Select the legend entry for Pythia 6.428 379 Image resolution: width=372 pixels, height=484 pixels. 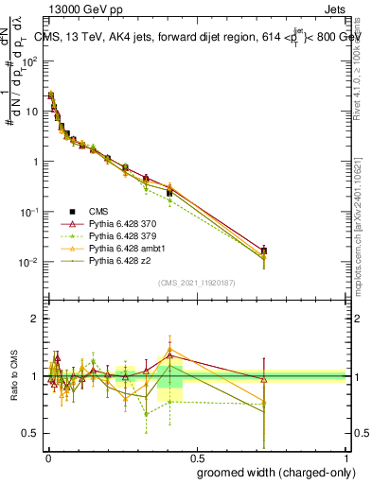click(x=117, y=235)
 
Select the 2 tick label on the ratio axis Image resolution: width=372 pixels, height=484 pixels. click(x=35, y=319)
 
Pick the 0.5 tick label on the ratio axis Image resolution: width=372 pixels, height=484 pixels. click(x=30, y=434)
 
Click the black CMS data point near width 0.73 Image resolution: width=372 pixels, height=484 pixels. click(x=264, y=251)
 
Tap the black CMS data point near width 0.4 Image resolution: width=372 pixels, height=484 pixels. click(x=169, y=193)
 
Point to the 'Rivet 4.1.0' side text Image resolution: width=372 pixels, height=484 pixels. click(x=363, y=71)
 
